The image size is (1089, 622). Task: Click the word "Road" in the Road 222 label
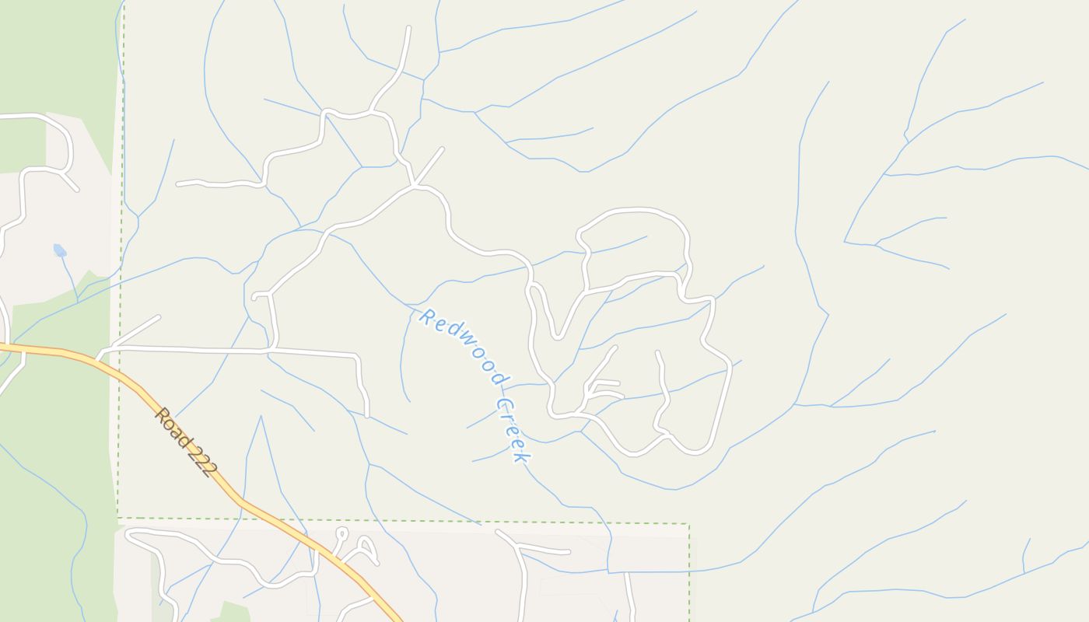(x=171, y=426)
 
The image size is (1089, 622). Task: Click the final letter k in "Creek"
(x=520, y=456)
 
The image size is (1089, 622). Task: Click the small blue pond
(x=59, y=250)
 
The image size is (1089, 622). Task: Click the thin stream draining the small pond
(x=70, y=276)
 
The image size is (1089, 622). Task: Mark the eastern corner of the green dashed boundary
(x=688, y=524)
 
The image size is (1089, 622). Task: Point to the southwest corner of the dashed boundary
(x=118, y=518)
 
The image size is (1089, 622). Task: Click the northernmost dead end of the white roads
(x=408, y=28)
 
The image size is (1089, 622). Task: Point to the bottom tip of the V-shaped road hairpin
(x=557, y=337)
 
